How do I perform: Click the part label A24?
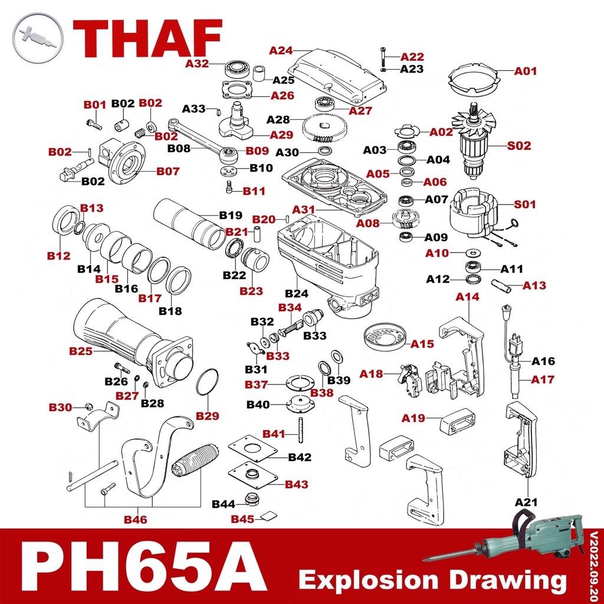[x=281, y=51]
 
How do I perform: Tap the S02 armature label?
[x=519, y=145]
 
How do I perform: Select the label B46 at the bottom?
[x=135, y=520]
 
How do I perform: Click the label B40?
[x=258, y=405]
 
